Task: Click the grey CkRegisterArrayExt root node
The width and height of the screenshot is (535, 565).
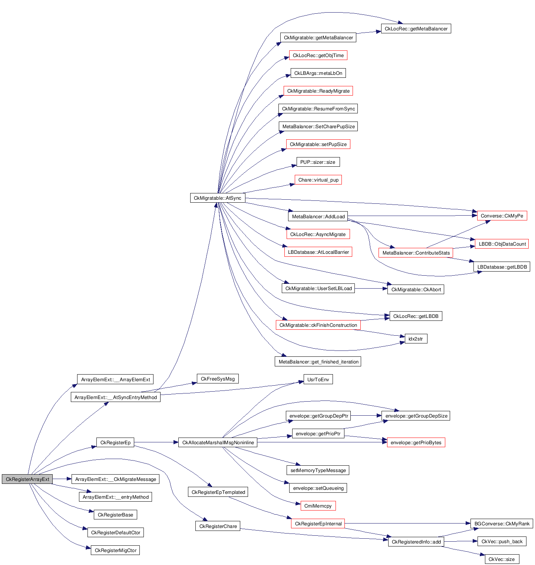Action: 27,479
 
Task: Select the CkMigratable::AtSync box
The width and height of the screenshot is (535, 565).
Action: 217,198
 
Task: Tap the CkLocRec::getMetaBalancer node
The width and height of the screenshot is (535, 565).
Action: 416,29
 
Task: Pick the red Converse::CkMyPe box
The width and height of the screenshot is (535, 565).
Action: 502,216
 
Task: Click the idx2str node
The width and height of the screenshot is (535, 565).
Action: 416,339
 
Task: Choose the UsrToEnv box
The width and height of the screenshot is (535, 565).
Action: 318,379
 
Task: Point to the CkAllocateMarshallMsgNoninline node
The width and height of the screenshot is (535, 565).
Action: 218,442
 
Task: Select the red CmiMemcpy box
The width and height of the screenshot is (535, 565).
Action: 318,506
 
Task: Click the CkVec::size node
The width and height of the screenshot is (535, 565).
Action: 502,559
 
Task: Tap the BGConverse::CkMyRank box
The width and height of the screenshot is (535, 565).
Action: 502,524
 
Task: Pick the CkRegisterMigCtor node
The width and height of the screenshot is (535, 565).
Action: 115,550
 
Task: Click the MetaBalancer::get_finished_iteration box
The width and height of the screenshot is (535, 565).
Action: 318,362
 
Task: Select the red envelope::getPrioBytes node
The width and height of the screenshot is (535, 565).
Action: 416,442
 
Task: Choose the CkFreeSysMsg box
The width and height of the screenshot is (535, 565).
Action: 218,379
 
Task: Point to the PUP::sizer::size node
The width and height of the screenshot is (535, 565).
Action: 318,162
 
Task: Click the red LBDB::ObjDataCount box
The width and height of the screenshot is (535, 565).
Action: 502,244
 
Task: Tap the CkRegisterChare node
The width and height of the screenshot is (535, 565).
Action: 218,526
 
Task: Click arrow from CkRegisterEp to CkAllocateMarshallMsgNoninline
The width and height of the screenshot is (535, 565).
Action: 156,442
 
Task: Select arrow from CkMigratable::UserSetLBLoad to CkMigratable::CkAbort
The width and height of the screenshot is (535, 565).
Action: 371,288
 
